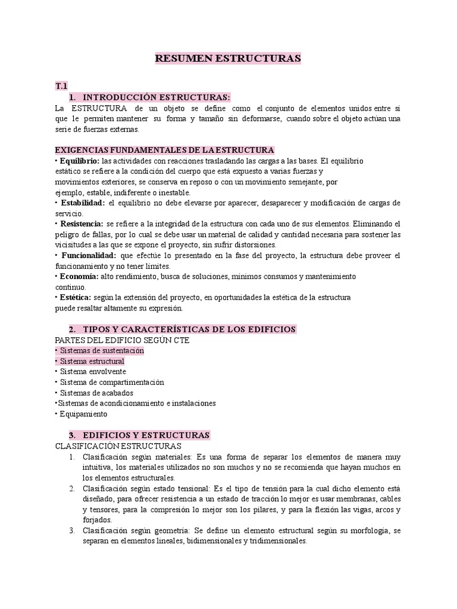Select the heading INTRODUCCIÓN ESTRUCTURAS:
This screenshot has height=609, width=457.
point(156,97)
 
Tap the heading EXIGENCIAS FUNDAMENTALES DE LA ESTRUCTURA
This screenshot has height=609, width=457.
point(164,150)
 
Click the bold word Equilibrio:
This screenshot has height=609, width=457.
point(79,161)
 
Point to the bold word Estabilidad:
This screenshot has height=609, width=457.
point(82,203)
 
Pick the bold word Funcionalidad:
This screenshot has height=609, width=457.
point(87,256)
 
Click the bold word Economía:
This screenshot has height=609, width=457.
point(78,277)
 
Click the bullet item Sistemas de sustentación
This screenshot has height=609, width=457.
point(101,350)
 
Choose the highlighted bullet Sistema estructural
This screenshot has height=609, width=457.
point(92,361)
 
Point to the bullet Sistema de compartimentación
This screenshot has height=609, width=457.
point(111,382)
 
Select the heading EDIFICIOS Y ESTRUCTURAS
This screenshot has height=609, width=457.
point(146,435)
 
